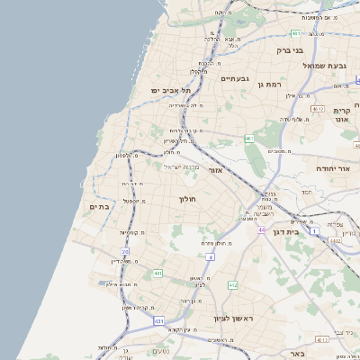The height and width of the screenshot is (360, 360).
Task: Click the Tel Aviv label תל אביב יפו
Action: pyautogui.click(x=168, y=91)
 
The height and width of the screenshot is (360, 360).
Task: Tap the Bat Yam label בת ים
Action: pyautogui.click(x=99, y=207)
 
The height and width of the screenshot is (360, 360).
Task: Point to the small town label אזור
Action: pyautogui.click(x=215, y=170)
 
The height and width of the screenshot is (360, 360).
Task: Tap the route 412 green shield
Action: pyautogui.click(x=233, y=285)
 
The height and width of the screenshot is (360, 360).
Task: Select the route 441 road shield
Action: pyautogui.click(x=158, y=274)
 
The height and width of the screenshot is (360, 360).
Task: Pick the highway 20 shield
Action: pyautogui.click(x=125, y=253)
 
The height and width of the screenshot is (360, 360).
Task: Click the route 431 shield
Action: pyautogui.click(x=159, y=320)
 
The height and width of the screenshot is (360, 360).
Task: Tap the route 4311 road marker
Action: pyautogui.click(x=321, y=340)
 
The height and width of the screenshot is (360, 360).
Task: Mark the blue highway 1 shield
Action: pyautogui.click(x=314, y=231)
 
